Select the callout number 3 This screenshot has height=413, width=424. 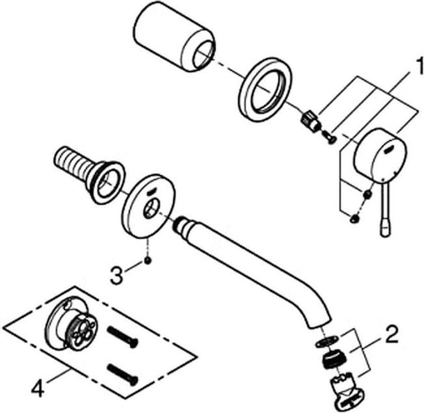[117, 275]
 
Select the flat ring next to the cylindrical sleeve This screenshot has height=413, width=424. [265, 87]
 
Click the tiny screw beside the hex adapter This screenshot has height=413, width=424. [329, 136]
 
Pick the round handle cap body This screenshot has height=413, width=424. [380, 155]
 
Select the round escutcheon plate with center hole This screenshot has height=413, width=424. [148, 206]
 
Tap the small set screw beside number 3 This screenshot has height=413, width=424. [148, 261]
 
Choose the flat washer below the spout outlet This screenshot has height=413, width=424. [327, 341]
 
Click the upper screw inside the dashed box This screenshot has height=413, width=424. [122, 337]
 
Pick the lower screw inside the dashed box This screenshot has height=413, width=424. [122, 374]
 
